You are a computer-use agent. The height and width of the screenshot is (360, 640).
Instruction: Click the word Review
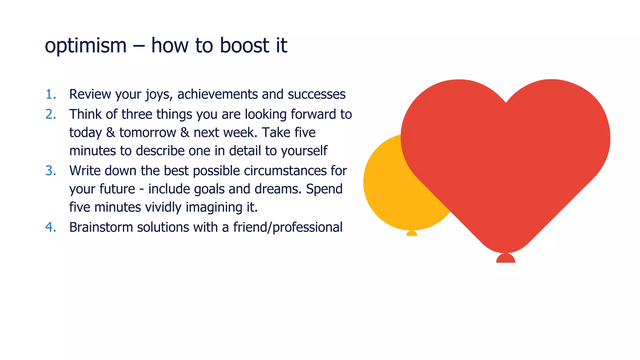pyautogui.click(x=90, y=94)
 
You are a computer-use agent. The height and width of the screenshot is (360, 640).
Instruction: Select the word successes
pyautogui.click(x=317, y=94)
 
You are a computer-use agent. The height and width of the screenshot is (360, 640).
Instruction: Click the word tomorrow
pyautogui.click(x=147, y=133)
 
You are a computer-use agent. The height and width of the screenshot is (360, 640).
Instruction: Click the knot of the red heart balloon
pyautogui.click(x=506, y=258)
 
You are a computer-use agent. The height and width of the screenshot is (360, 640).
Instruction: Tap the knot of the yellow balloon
pyautogui.click(x=412, y=233)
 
